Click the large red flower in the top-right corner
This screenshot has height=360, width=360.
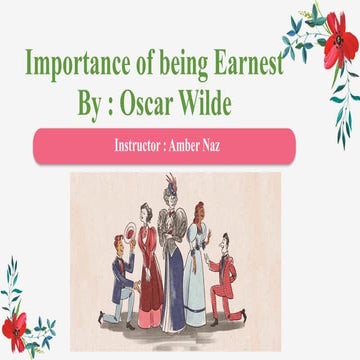tap(338, 45)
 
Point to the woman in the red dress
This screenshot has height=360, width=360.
tap(150, 265)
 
